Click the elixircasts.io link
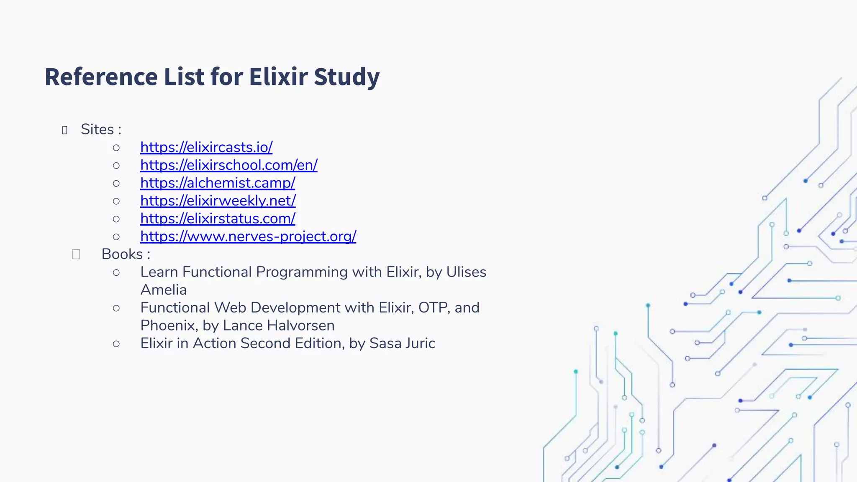coord(206,147)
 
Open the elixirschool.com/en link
coord(228,165)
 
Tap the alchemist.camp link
coord(218,183)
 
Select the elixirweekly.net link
coord(218,201)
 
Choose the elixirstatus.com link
coord(218,218)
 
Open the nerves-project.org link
coord(248,236)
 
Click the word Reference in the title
coord(100,77)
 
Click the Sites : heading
coord(101,129)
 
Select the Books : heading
coord(126,254)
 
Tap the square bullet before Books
coord(76,254)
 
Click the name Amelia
coord(163,290)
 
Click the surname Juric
coord(420,344)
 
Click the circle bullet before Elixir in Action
coord(116,344)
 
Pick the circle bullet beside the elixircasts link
coord(116,148)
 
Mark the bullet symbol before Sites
coord(64,130)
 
